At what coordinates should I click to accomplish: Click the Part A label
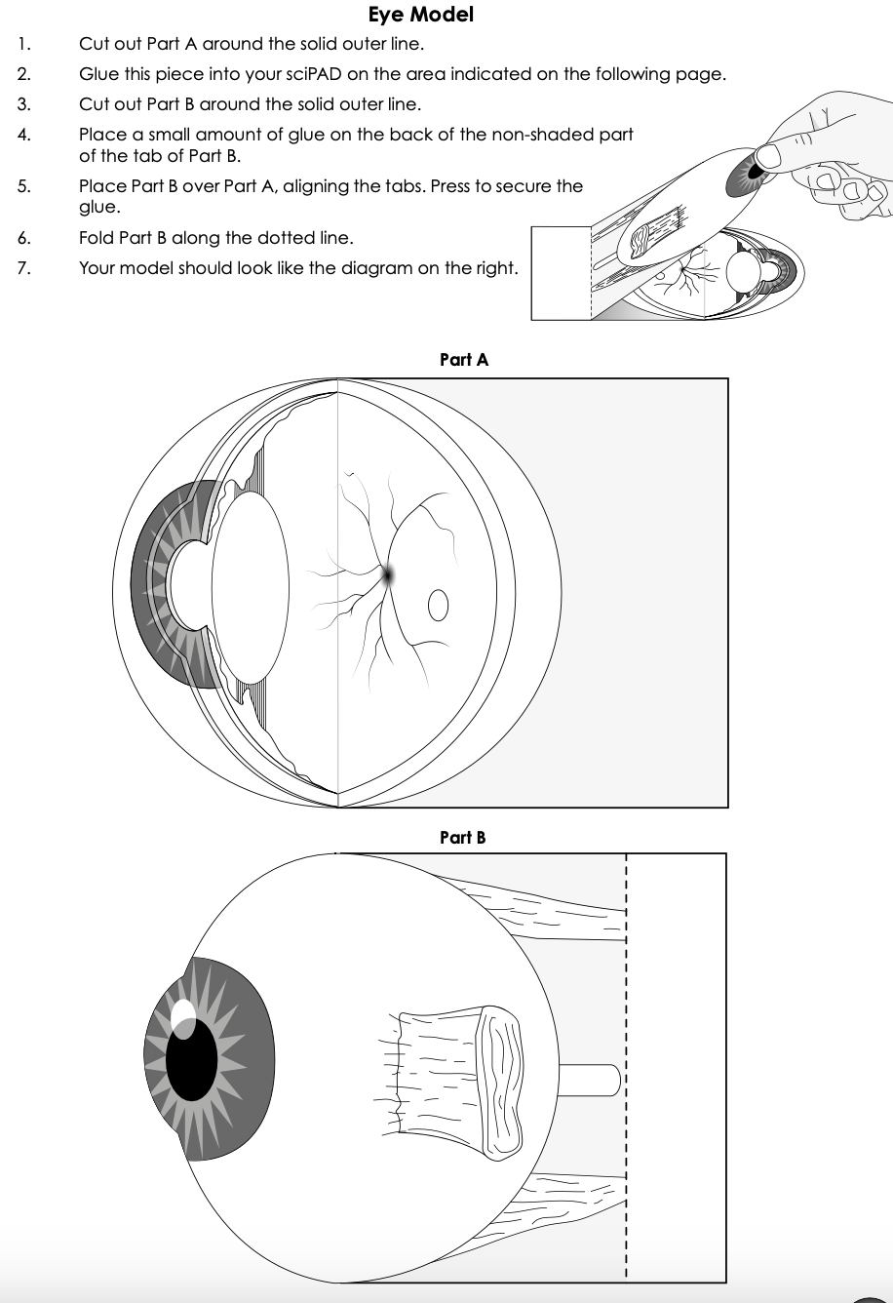(x=464, y=360)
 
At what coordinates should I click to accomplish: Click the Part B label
(x=462, y=837)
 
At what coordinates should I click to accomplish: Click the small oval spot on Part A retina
(x=438, y=607)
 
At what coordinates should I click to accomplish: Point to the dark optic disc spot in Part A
(x=388, y=575)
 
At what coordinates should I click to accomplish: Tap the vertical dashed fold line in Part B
(x=625, y=1073)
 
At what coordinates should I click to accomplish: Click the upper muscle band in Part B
(x=546, y=907)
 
